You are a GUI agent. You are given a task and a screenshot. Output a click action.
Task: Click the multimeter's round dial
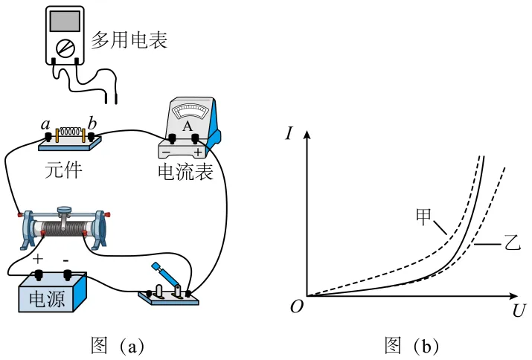pos(66,48)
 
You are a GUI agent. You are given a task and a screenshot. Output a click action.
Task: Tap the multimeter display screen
pos(66,21)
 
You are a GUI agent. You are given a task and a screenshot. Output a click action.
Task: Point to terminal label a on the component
pos(46,123)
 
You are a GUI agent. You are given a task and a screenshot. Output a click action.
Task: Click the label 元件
pos(63,170)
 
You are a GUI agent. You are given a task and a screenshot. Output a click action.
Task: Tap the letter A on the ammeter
pos(188,126)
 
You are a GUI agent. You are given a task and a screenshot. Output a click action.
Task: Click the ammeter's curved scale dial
pos(188,113)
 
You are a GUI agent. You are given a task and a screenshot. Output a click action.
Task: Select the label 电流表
pos(185,173)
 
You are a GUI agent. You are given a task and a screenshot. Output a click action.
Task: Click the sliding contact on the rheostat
pos(65,213)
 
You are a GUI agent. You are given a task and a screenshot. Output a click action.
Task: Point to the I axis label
pos(290,134)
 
